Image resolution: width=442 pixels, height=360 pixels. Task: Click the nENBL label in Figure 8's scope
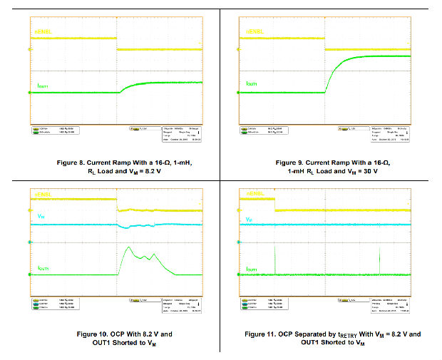click(x=42, y=33)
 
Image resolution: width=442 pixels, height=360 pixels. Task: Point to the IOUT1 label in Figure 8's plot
click(x=43, y=86)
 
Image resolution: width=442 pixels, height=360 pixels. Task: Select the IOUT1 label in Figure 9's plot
click(x=252, y=83)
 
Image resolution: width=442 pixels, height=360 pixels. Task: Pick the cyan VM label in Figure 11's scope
click(x=249, y=219)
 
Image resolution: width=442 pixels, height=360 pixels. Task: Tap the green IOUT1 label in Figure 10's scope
click(x=43, y=269)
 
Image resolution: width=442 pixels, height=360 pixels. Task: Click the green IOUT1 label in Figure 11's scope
click(x=252, y=269)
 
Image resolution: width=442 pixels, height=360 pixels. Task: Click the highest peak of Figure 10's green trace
click(x=127, y=247)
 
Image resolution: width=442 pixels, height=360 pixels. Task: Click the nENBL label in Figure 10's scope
click(x=43, y=195)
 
